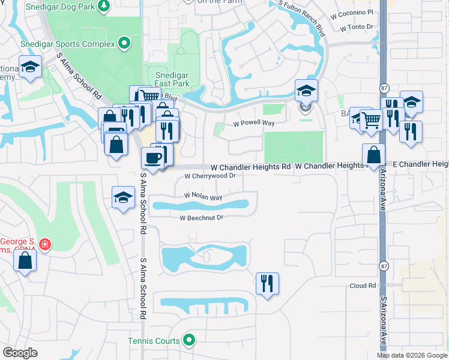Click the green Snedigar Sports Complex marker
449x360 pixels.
click(x=124, y=43)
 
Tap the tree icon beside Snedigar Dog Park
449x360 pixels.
click(x=104, y=5)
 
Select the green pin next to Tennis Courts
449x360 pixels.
click(x=190, y=341)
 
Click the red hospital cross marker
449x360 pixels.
click(x=44, y=244)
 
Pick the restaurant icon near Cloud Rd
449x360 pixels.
click(x=267, y=282)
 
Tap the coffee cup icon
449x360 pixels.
click(x=152, y=158)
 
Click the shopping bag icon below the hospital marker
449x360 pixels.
click(x=25, y=260)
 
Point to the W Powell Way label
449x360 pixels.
click(x=253, y=123)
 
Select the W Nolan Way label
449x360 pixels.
click(x=203, y=197)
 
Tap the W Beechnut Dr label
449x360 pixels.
click(x=201, y=218)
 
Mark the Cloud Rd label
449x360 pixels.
click(x=363, y=286)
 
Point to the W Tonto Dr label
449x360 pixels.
click(x=356, y=28)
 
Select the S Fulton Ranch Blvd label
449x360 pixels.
click(x=301, y=17)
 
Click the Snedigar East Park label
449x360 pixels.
click(x=172, y=79)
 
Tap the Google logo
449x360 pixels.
click(x=20, y=353)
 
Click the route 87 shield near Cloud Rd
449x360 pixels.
click(x=384, y=265)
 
